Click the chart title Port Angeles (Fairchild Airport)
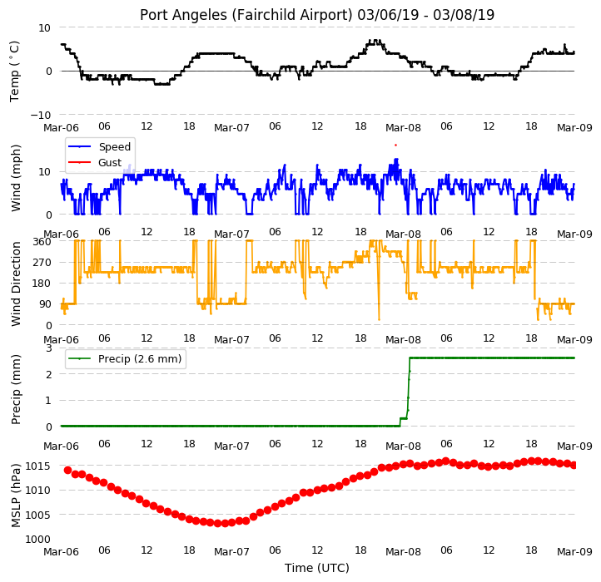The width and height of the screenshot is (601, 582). tap(246, 15)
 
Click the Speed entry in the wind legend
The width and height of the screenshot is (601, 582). tap(115, 146)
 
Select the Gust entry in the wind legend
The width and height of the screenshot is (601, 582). tap(110, 163)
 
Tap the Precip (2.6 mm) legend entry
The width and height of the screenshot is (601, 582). tap(140, 359)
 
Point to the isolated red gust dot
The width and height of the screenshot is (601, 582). tap(395, 145)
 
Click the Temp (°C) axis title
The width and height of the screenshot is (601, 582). tap(14, 72)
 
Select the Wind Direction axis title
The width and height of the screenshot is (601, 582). tap(15, 284)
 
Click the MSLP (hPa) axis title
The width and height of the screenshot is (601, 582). tap(15, 496)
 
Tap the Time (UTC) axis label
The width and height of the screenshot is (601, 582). tap(317, 568)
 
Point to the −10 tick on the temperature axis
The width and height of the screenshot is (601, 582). tap(40, 115)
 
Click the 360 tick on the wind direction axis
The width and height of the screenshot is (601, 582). tap(42, 242)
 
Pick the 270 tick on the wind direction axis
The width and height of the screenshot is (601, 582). tap(42, 263)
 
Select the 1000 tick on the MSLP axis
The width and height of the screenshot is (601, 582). tap(38, 539)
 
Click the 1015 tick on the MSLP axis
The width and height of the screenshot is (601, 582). tap(38, 466)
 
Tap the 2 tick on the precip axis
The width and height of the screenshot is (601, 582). tap(48, 374)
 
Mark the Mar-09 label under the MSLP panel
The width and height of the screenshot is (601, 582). tap(574, 551)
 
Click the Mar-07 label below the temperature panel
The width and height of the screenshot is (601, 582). tap(231, 127)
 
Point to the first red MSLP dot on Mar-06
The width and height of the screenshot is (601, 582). tap(68, 471)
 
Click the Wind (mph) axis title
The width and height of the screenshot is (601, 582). tap(15, 178)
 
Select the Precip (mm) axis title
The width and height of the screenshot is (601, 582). tap(15, 389)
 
